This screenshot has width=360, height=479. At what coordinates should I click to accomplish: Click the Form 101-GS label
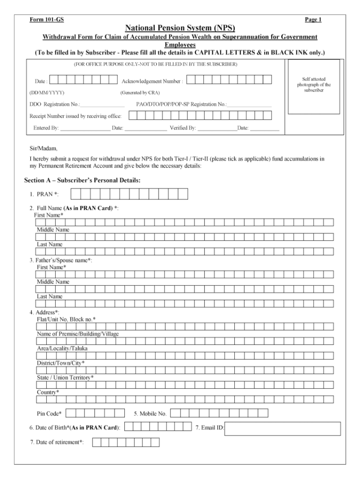[x=47, y=20]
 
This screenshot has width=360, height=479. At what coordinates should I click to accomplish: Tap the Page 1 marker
[x=313, y=20]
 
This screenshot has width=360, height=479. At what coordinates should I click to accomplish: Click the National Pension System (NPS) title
[x=180, y=29]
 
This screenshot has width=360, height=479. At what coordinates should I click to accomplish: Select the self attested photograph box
[x=314, y=87]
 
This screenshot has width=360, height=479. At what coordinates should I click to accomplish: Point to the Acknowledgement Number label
[x=152, y=81]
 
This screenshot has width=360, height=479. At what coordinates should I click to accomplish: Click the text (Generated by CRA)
[x=140, y=93]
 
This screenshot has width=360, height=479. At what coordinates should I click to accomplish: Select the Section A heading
[x=82, y=180]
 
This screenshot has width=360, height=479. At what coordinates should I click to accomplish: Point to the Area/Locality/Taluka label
[x=62, y=348]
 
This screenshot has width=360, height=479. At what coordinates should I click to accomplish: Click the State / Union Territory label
[x=65, y=377]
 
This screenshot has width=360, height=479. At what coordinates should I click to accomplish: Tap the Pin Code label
[x=50, y=413]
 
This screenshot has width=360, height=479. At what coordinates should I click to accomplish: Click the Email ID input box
[x=282, y=428]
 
